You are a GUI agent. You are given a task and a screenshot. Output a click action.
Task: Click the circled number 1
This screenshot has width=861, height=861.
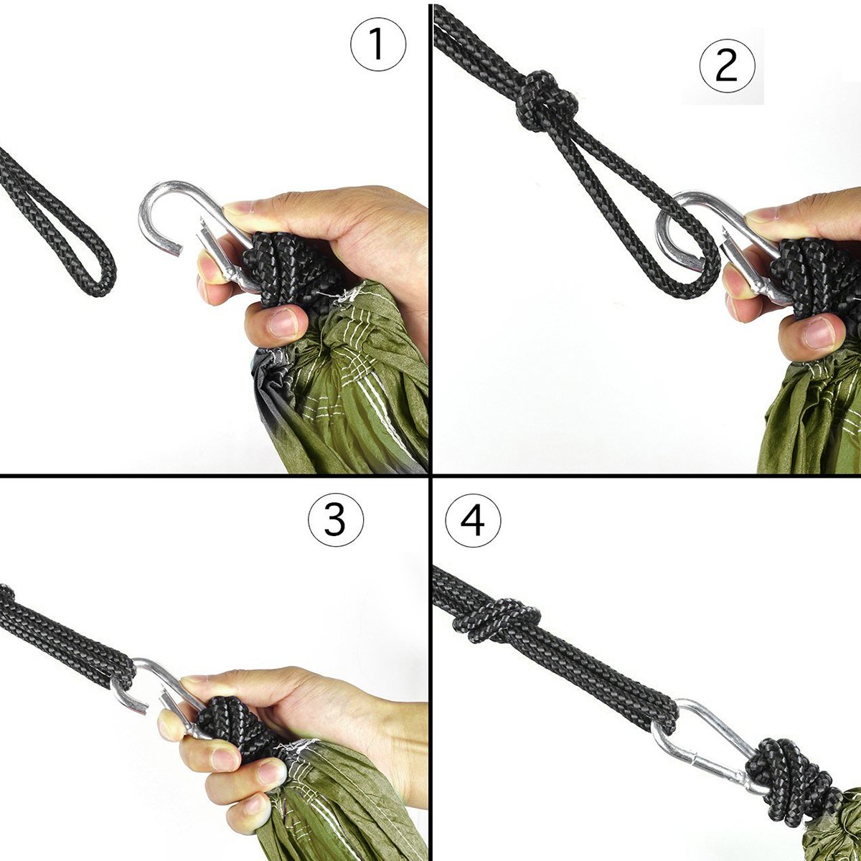point(378,44)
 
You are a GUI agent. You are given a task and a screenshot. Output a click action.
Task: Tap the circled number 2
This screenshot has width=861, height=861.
point(727,67)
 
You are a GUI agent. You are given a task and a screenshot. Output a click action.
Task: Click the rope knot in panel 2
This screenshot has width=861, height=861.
point(545,102)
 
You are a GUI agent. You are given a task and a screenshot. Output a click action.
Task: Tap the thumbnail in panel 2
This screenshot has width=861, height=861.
point(819,333)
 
